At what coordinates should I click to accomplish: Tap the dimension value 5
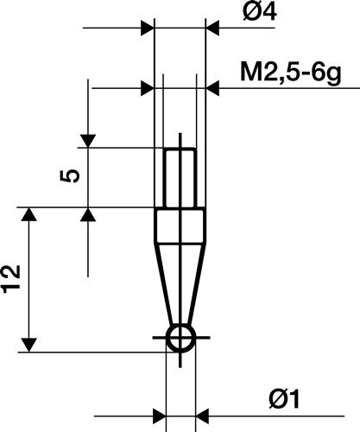pos(73,173)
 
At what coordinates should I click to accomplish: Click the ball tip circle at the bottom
pos(180,340)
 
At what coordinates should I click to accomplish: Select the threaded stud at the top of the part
pos(180,177)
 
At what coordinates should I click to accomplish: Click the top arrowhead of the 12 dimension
pos(31,216)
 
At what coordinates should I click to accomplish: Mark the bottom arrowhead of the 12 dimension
pos(31,343)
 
